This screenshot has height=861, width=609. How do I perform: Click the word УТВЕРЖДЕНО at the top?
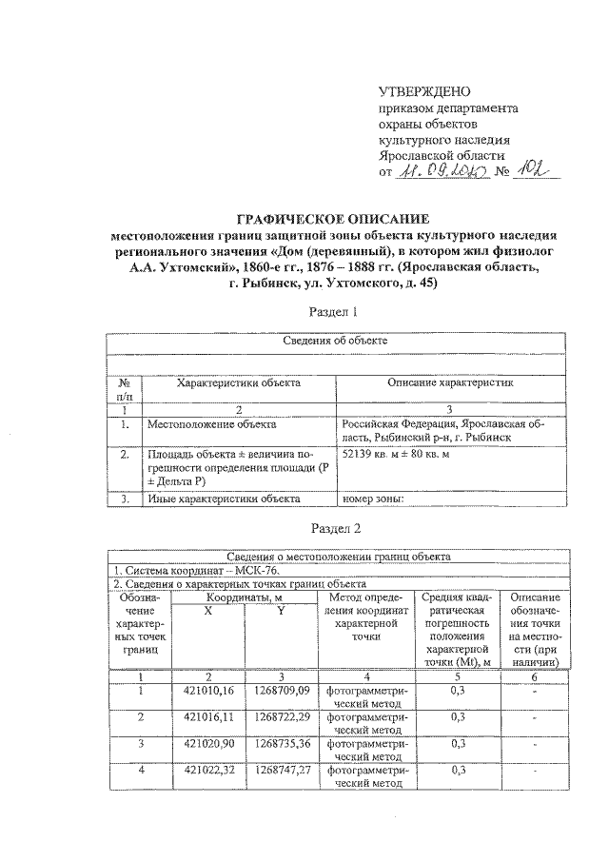[425, 92]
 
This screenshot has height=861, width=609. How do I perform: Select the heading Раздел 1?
[332, 311]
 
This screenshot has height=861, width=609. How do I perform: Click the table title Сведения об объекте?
[332, 341]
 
